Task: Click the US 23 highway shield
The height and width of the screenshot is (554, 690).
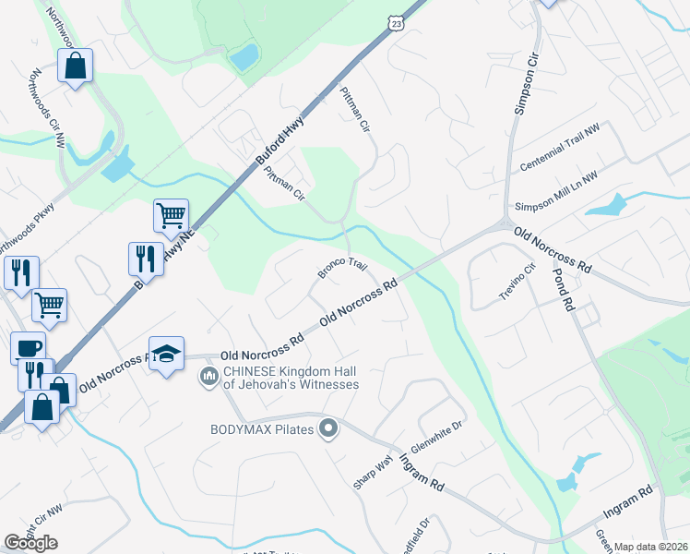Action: click(x=396, y=25)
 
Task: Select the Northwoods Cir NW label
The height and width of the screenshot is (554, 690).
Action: click(x=47, y=109)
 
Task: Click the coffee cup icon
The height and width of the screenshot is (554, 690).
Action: click(x=28, y=347)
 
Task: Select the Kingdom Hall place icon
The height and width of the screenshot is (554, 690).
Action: click(x=208, y=378)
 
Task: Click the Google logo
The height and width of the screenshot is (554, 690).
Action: click(x=31, y=543)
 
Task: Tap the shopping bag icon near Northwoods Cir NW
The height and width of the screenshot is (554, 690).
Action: click(x=75, y=65)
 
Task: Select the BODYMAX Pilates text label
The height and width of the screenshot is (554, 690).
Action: click(x=262, y=428)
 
